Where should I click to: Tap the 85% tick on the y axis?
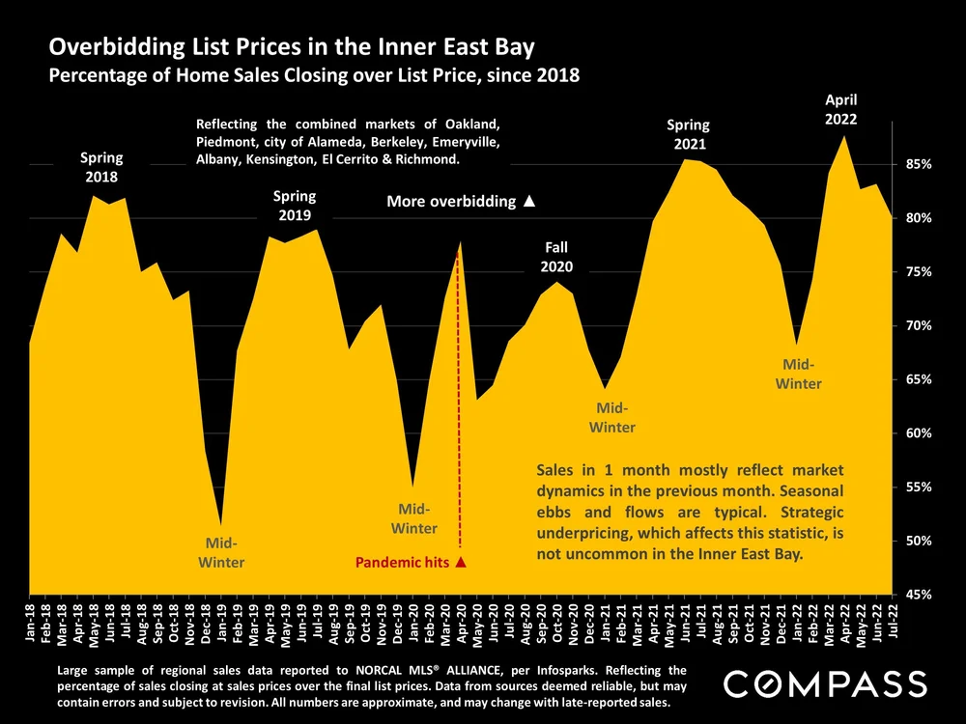[x=916, y=165]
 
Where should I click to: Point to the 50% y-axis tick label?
[x=916, y=541]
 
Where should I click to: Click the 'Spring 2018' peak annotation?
[x=100, y=167]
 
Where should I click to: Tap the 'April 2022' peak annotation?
[x=840, y=110]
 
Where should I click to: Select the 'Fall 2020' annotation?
[x=556, y=257]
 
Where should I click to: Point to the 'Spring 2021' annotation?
[x=689, y=134]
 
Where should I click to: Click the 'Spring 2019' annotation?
[x=295, y=206]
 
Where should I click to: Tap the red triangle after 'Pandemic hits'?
[x=461, y=562]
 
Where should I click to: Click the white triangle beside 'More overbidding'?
[x=528, y=202]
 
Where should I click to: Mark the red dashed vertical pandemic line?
[x=460, y=405]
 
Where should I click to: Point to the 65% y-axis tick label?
[x=916, y=379]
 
